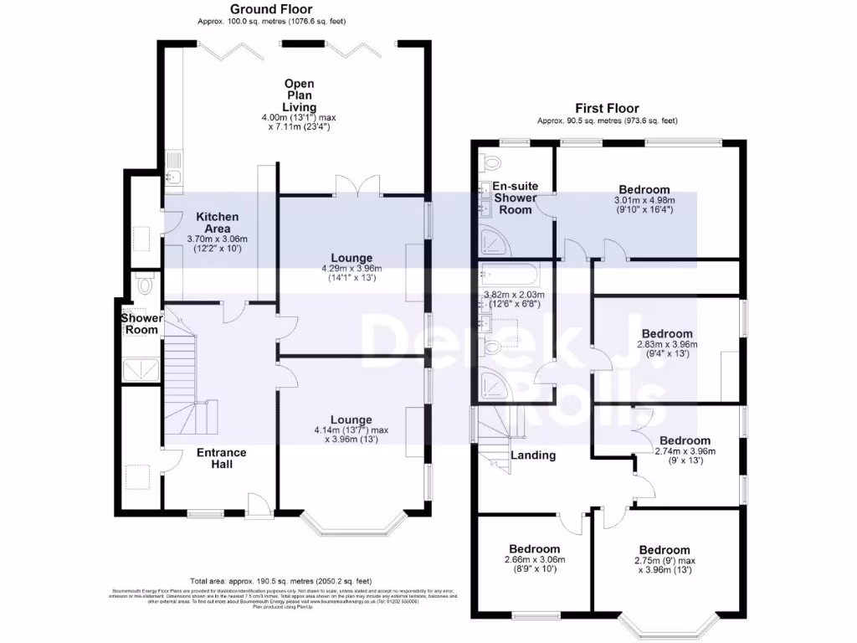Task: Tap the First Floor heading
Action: [606, 108]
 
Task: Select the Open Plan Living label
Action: [299, 95]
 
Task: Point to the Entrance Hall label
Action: [221, 458]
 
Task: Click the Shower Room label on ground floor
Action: [140, 324]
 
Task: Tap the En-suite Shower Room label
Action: [515, 198]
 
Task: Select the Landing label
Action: [533, 455]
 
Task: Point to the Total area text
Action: [280, 580]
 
